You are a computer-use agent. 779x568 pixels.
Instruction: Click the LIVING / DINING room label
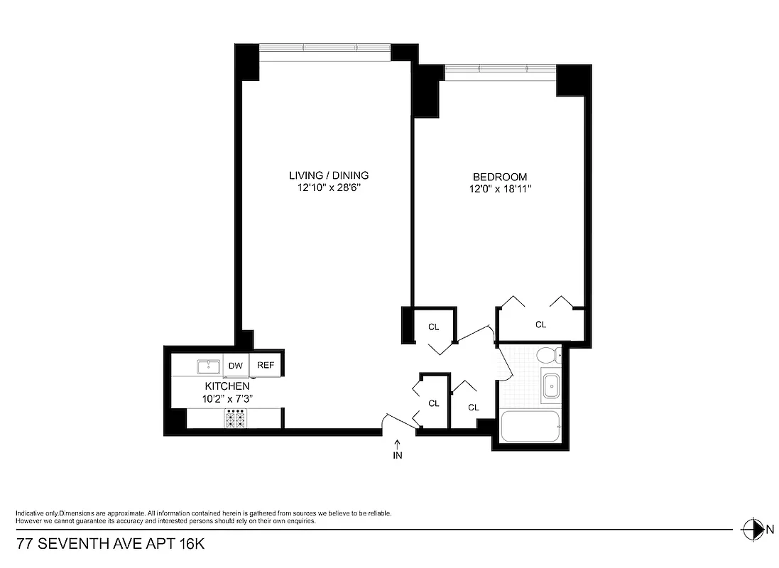328,175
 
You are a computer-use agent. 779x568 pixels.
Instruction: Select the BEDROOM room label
500,177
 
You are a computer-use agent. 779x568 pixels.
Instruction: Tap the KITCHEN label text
227,386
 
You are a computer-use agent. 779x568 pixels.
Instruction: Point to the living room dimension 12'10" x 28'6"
328,188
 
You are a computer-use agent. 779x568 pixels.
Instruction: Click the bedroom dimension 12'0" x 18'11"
500,189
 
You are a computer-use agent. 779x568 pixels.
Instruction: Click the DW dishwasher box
235,366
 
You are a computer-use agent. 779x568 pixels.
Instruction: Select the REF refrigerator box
266,366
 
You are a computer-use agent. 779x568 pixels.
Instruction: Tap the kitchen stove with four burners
235,419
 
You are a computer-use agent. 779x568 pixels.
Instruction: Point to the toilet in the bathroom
548,355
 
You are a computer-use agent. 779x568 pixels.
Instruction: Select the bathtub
530,427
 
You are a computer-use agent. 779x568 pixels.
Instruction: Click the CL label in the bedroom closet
540,324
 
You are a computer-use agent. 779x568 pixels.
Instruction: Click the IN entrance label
397,456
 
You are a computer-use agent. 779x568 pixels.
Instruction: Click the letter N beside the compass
768,529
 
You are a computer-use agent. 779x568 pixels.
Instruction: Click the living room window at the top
325,48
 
